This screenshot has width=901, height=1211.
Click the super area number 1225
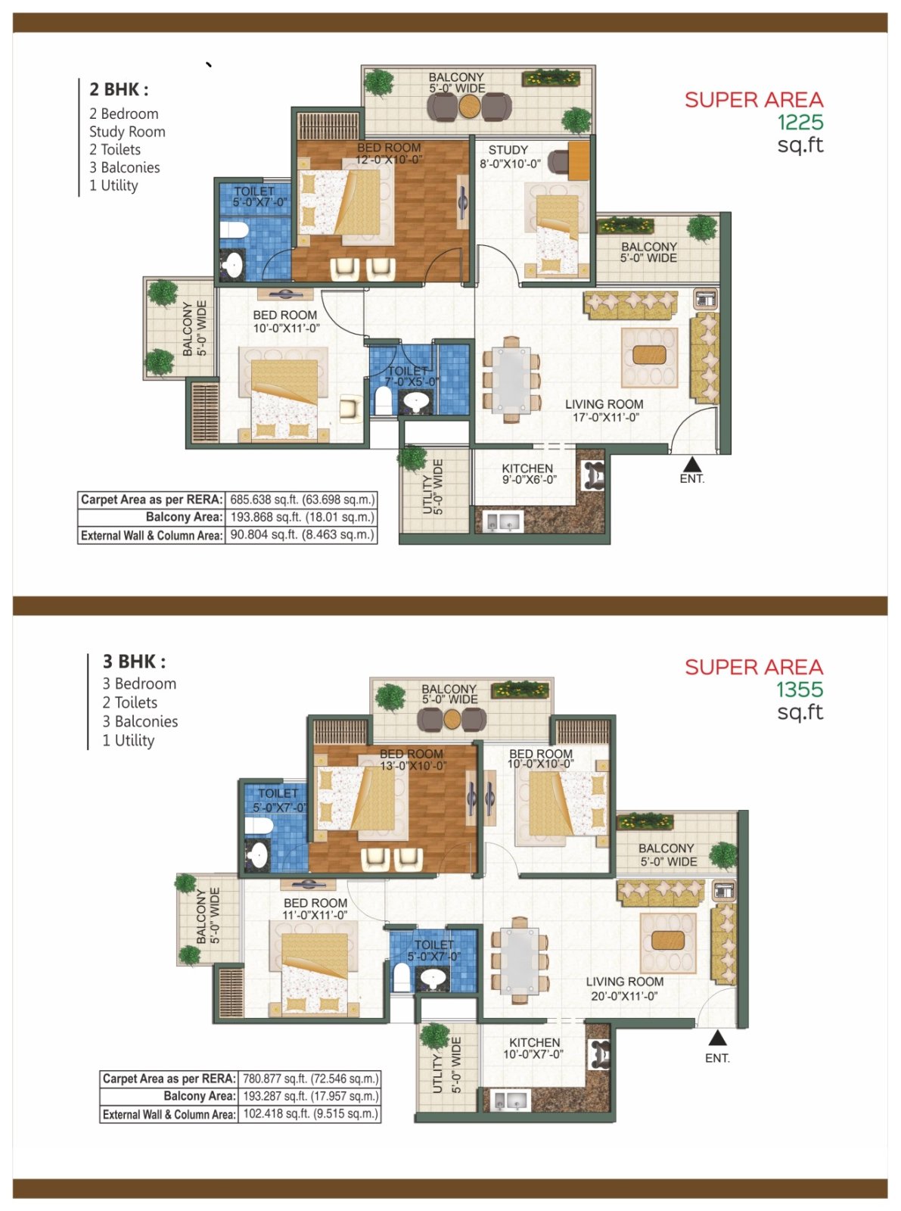click(800, 123)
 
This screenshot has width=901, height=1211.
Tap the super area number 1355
click(800, 690)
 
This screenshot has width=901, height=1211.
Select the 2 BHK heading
click(119, 89)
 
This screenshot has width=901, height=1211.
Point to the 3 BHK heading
click(134, 662)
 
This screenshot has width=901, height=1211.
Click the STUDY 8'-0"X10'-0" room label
click(510, 156)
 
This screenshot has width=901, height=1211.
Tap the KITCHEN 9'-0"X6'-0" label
click(528, 474)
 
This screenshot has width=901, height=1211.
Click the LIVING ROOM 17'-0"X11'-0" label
click(604, 410)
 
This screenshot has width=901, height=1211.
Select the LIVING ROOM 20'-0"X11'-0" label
click(625, 988)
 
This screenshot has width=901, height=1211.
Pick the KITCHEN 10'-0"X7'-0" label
click(534, 1048)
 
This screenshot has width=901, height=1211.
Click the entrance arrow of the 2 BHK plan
click(692, 464)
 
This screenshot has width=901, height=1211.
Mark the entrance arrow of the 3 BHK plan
click(718, 1038)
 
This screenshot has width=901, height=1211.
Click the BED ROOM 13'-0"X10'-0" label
click(412, 759)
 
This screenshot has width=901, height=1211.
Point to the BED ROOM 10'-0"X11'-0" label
click(285, 322)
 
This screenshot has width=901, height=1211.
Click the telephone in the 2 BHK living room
click(704, 298)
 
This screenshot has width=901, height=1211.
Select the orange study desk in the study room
click(578, 160)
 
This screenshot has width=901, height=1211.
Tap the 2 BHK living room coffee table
click(649, 355)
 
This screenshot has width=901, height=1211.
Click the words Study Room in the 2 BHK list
click(127, 132)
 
